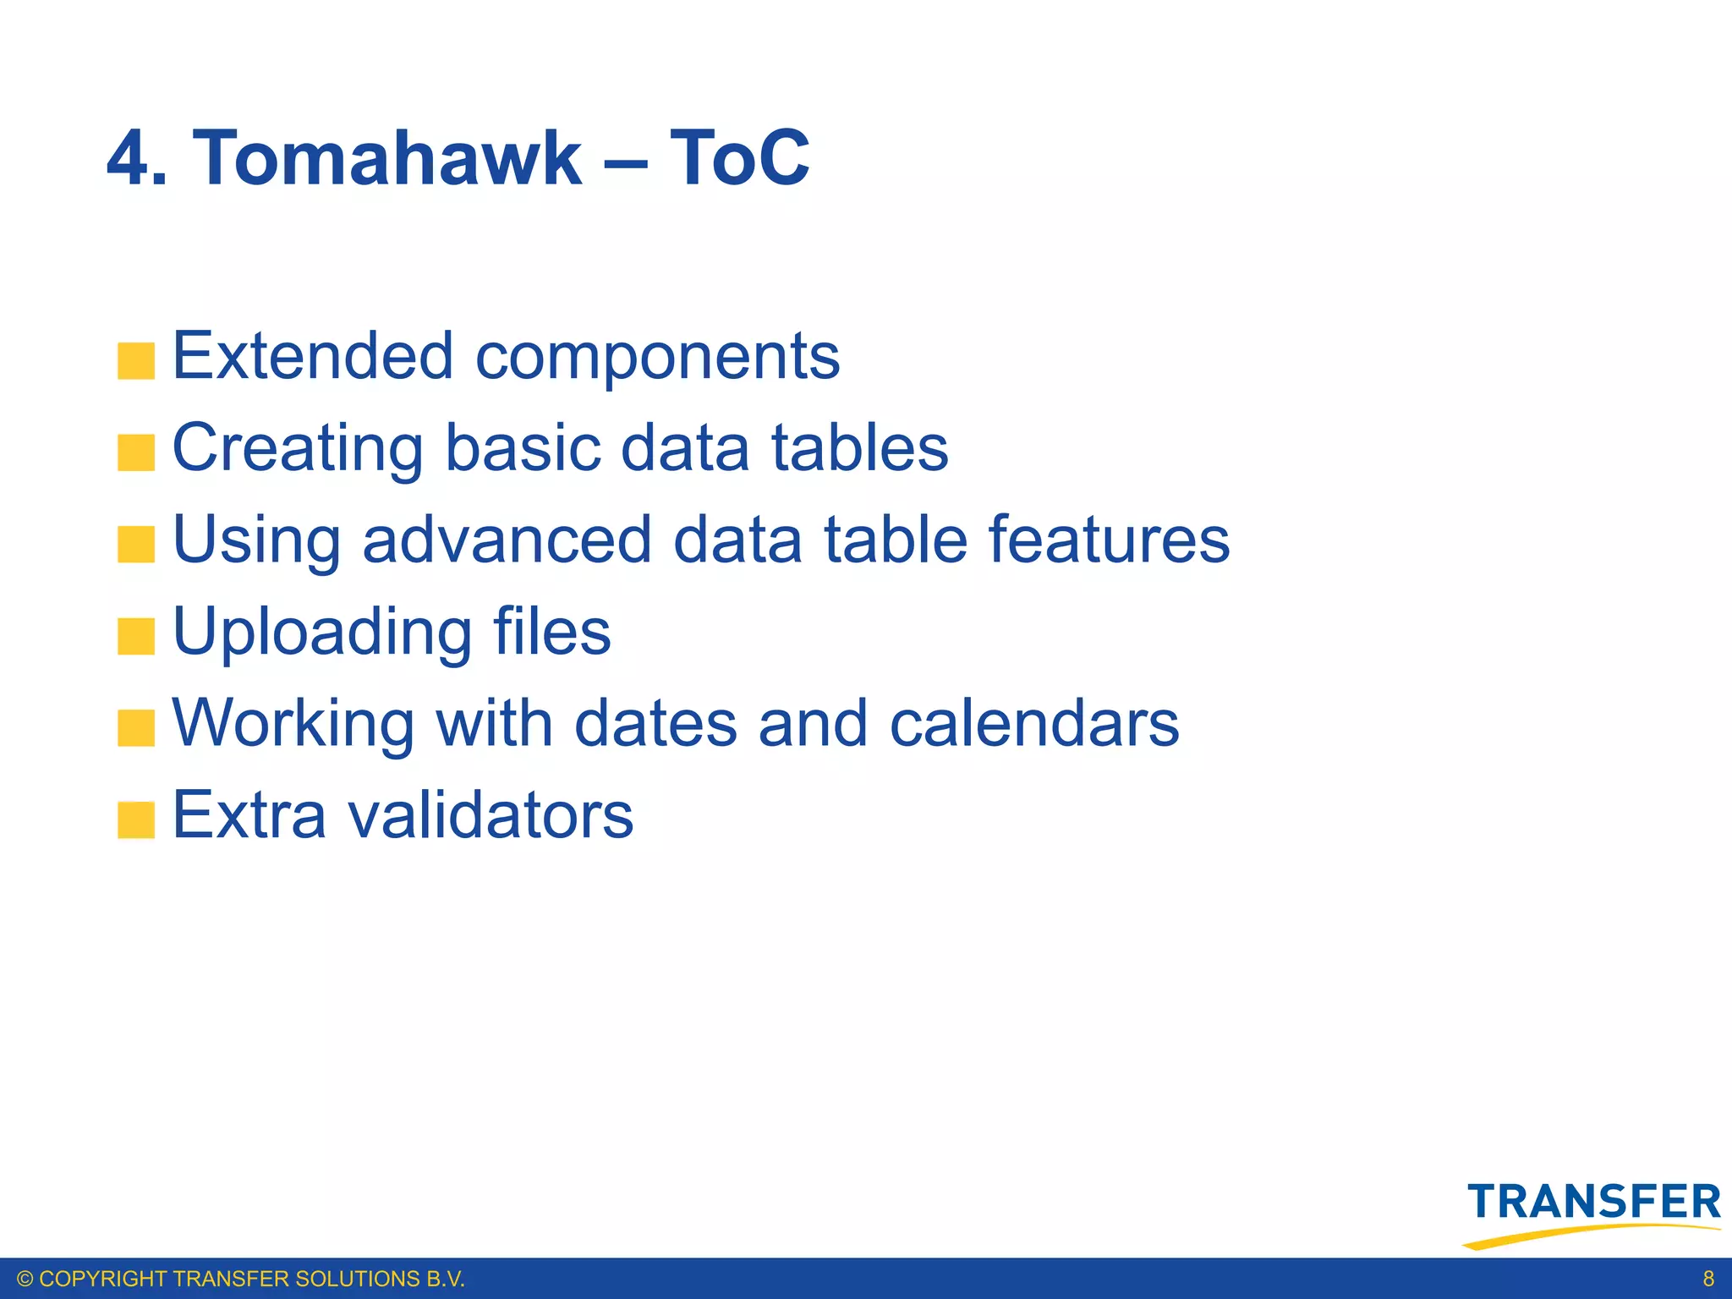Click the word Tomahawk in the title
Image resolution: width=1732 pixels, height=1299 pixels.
click(x=387, y=158)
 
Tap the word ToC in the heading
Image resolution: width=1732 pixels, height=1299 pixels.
click(x=739, y=158)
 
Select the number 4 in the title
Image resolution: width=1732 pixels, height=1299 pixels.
click(x=129, y=158)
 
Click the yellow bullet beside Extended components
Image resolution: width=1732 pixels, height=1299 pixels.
click(x=136, y=361)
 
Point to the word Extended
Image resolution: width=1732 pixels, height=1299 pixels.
click(x=313, y=356)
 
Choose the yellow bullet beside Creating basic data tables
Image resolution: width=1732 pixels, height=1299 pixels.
click(x=136, y=452)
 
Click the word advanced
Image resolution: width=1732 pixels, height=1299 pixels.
click(x=507, y=540)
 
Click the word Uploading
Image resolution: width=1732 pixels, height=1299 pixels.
click(x=321, y=633)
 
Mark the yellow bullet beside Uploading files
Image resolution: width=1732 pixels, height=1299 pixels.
click(x=136, y=636)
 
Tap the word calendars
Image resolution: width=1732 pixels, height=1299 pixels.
click(x=1033, y=724)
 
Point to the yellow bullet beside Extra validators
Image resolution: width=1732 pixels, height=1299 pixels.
click(x=136, y=820)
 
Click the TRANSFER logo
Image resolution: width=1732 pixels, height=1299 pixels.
click(x=1593, y=1211)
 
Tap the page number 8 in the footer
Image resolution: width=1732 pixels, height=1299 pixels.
click(x=1708, y=1279)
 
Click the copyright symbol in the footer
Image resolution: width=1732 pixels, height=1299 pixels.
click(x=25, y=1279)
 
